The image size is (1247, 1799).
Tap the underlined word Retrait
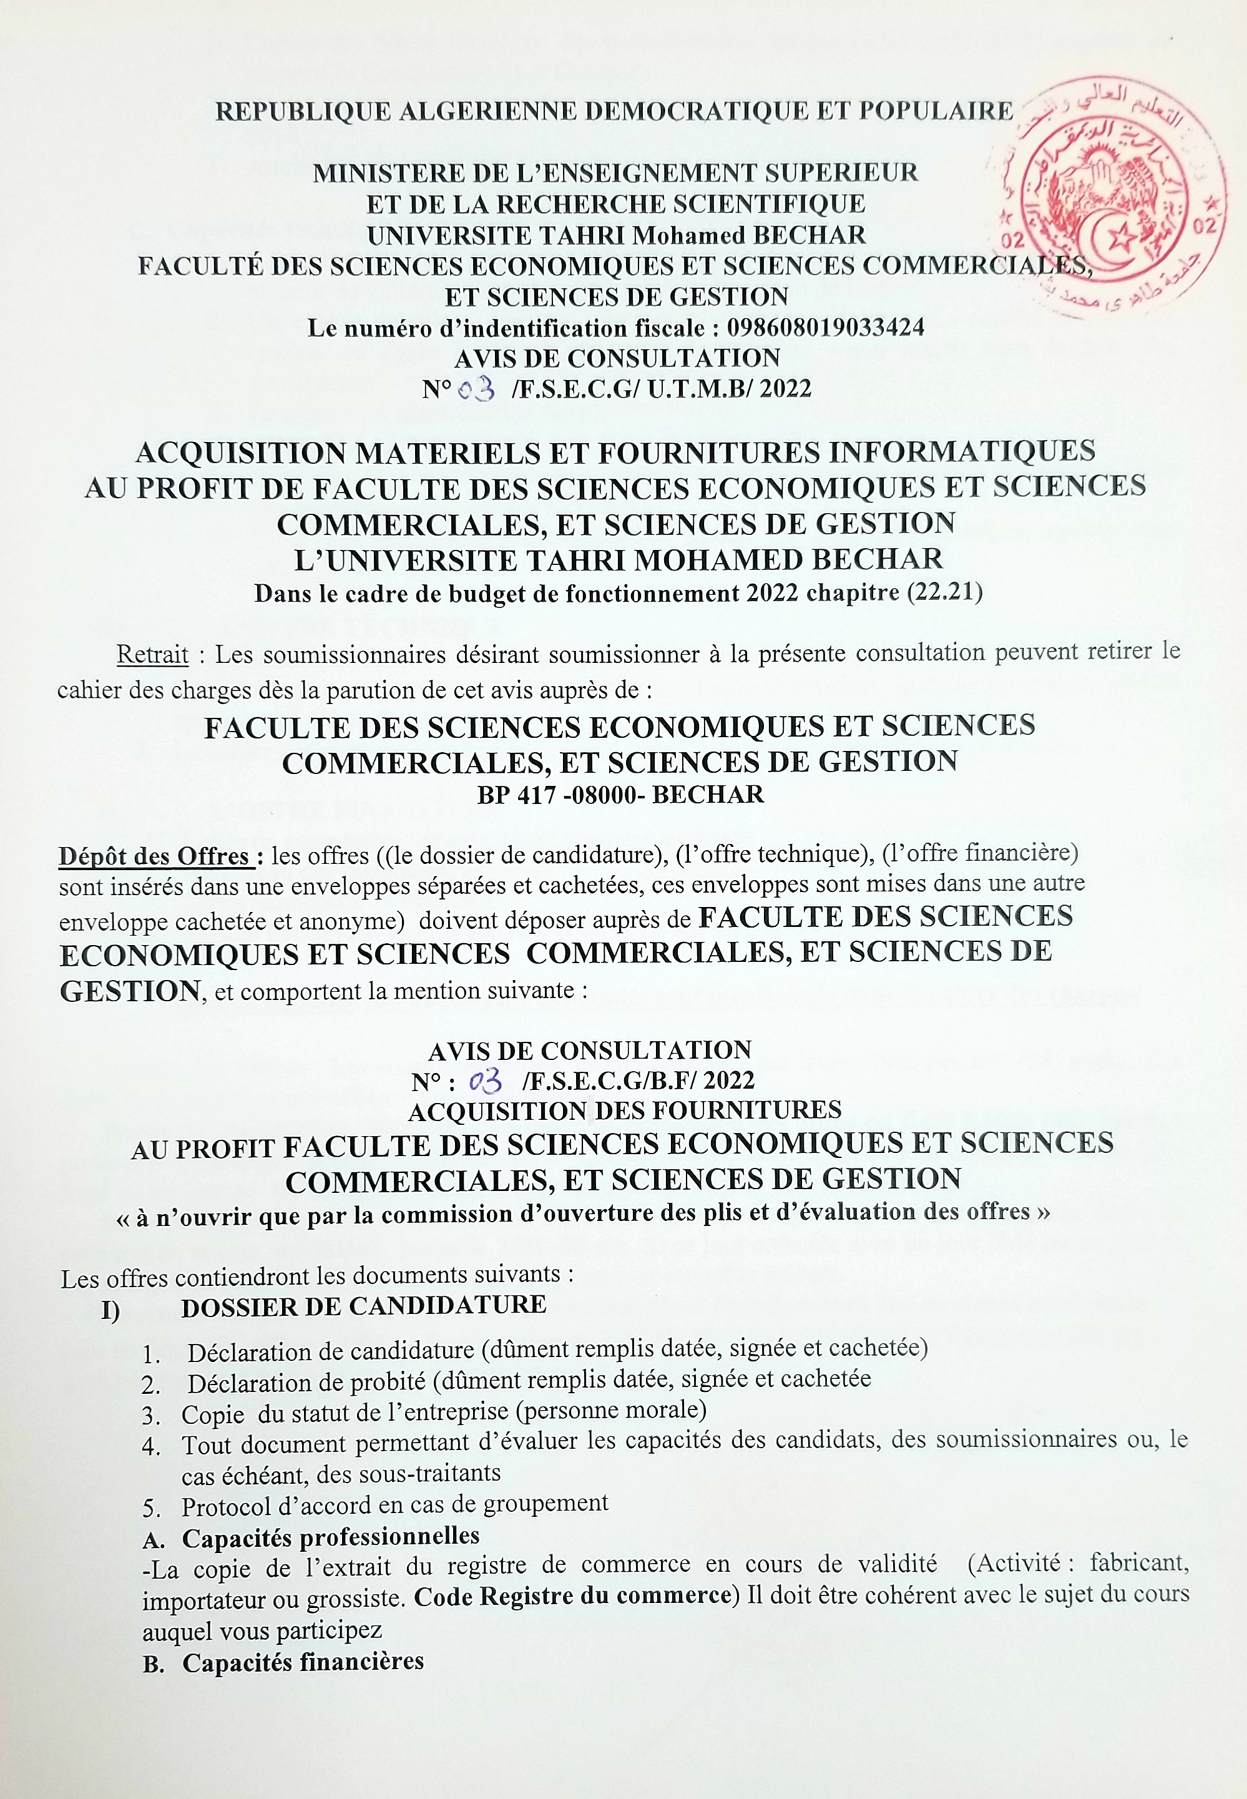(x=152, y=654)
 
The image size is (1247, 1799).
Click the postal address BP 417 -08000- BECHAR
(x=621, y=794)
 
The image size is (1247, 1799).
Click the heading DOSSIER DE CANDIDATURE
(x=363, y=1305)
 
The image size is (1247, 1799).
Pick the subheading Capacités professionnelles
(x=331, y=1536)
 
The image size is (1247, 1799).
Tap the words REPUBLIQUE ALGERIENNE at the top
(x=398, y=112)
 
